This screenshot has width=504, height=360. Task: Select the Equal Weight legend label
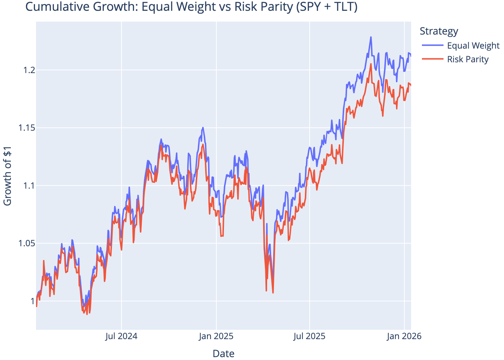pyautogui.click(x=473, y=46)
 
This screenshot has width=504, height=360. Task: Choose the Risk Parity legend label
pyautogui.click(x=468, y=59)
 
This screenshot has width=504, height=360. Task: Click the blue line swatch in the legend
pyautogui.click(x=433, y=46)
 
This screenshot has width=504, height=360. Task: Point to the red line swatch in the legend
pyautogui.click(x=433, y=59)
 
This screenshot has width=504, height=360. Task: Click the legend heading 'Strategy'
pyautogui.click(x=439, y=31)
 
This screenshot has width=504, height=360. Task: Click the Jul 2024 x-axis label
pyautogui.click(x=121, y=337)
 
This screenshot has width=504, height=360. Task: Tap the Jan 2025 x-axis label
pyautogui.click(x=216, y=337)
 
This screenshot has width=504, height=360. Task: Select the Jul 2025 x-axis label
pyautogui.click(x=309, y=337)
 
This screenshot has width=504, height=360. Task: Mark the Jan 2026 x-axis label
pyautogui.click(x=404, y=337)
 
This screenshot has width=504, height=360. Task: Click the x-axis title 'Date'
pyautogui.click(x=223, y=354)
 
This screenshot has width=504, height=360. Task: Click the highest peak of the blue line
pyautogui.click(x=371, y=37)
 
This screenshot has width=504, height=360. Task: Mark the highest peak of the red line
pyautogui.click(x=371, y=64)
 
